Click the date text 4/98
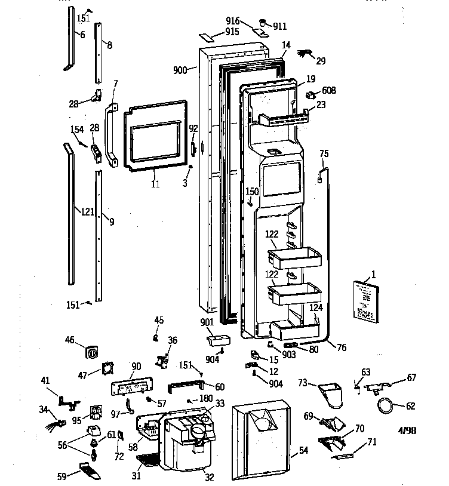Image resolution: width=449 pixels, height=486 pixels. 407,430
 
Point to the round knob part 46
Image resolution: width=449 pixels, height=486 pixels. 93,353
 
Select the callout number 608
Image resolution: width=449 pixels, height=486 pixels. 328,91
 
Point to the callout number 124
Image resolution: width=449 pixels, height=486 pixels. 316,307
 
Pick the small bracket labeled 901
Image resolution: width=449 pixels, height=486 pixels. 214,340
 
